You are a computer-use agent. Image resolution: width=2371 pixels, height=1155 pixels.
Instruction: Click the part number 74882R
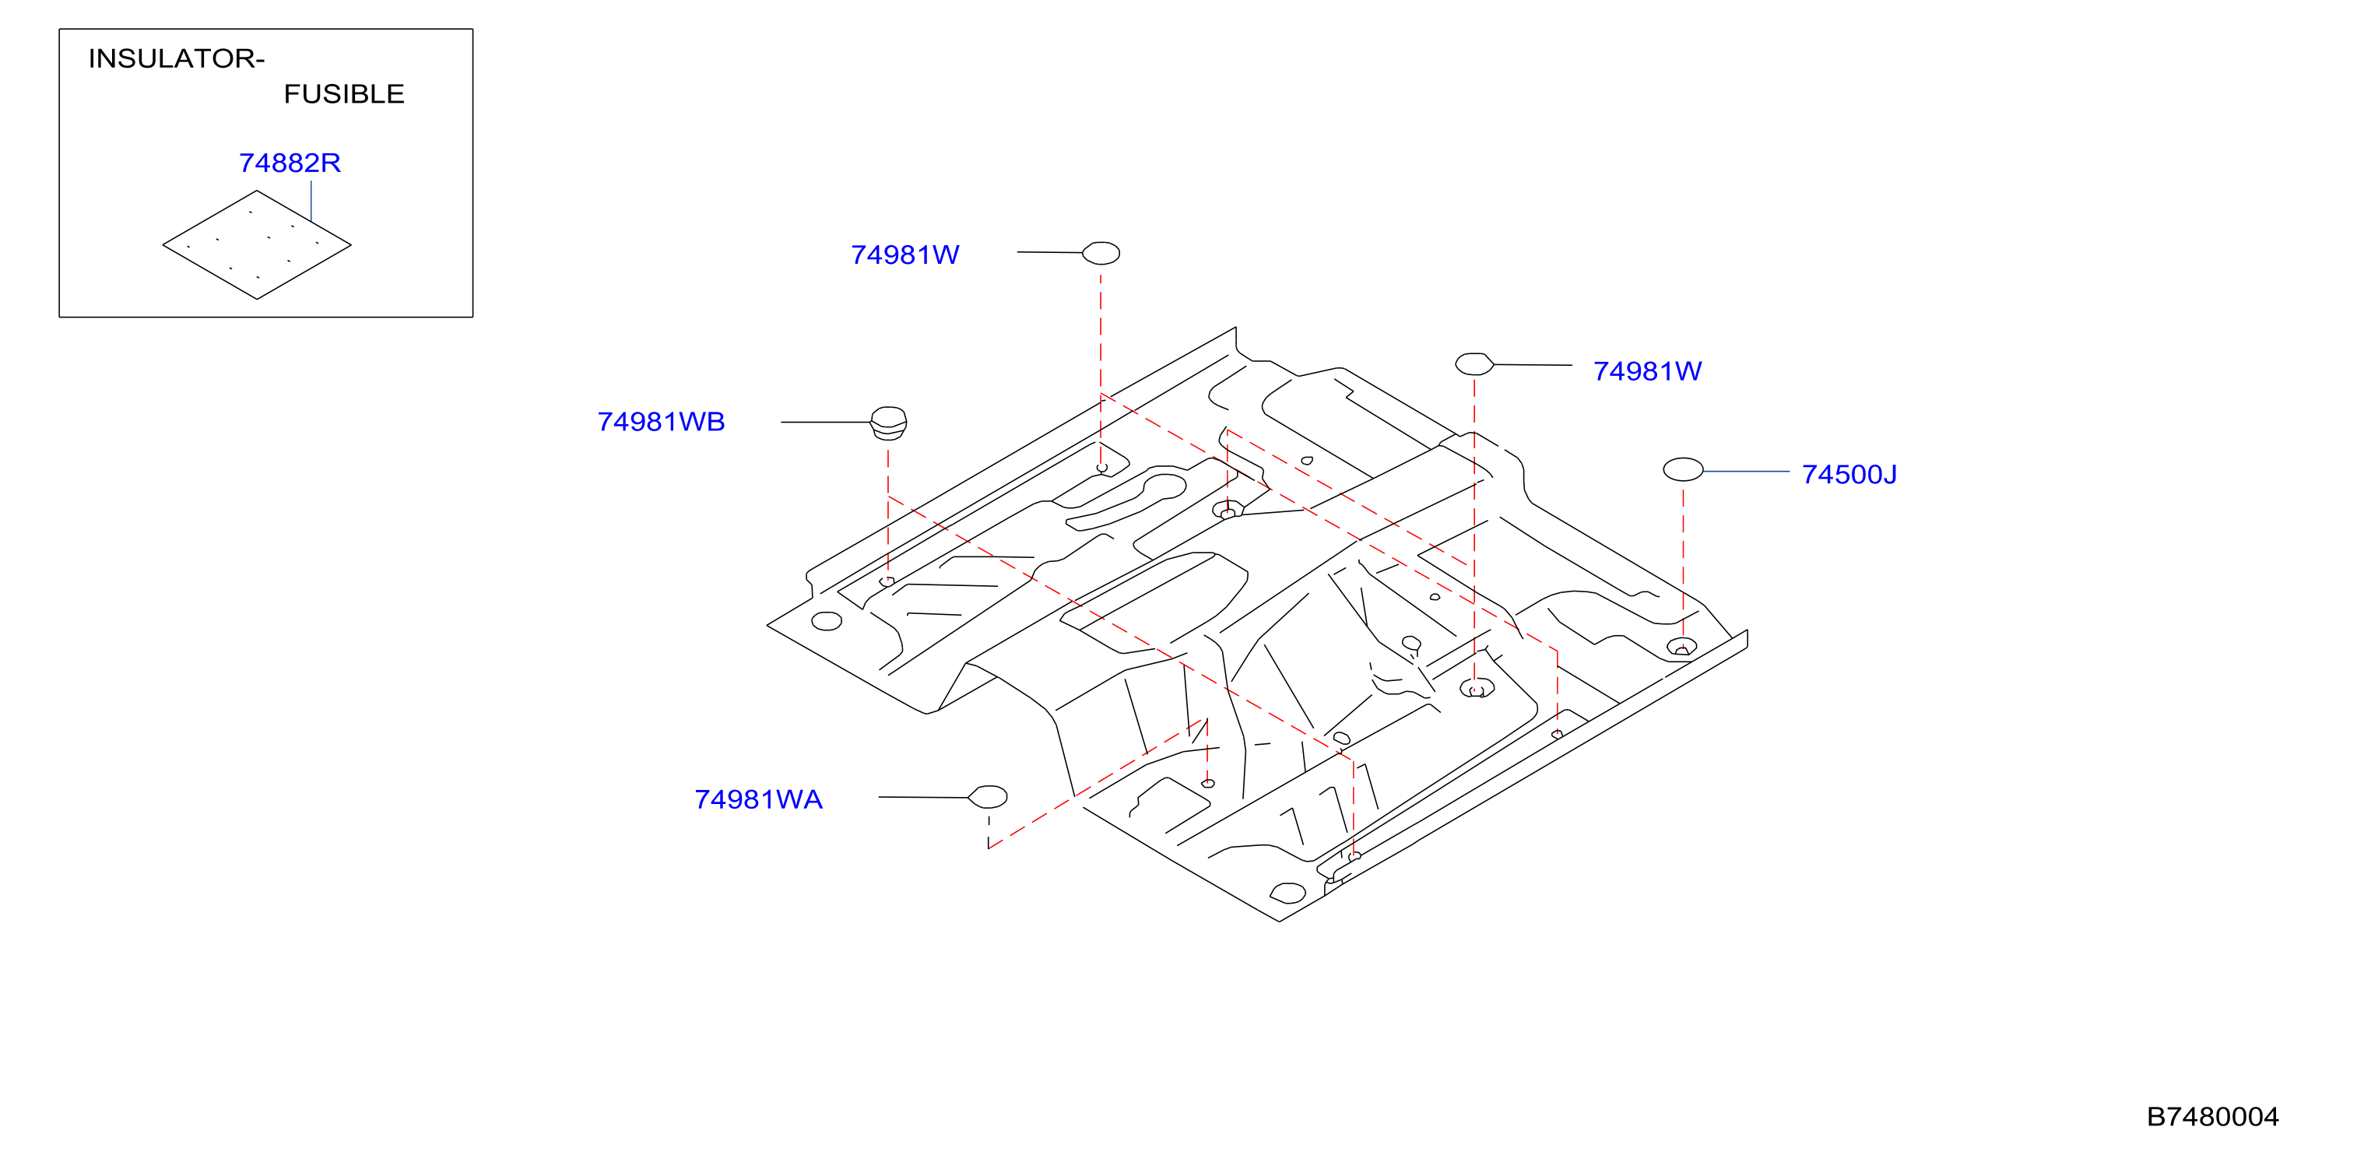point(290,163)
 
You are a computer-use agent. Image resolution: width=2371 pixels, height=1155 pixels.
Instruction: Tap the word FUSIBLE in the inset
point(344,94)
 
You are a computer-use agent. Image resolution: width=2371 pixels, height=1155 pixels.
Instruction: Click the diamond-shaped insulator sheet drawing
point(257,245)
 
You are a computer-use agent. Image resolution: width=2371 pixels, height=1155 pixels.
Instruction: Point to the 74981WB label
point(661,422)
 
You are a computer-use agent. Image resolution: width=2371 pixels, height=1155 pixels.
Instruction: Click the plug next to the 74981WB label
point(889,423)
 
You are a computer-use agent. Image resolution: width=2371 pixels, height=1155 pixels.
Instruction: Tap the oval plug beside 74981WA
point(989,796)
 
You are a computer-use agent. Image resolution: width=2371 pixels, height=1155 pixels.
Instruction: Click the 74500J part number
point(1849,475)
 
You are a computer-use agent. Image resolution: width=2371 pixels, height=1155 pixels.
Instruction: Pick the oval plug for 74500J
point(1684,469)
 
